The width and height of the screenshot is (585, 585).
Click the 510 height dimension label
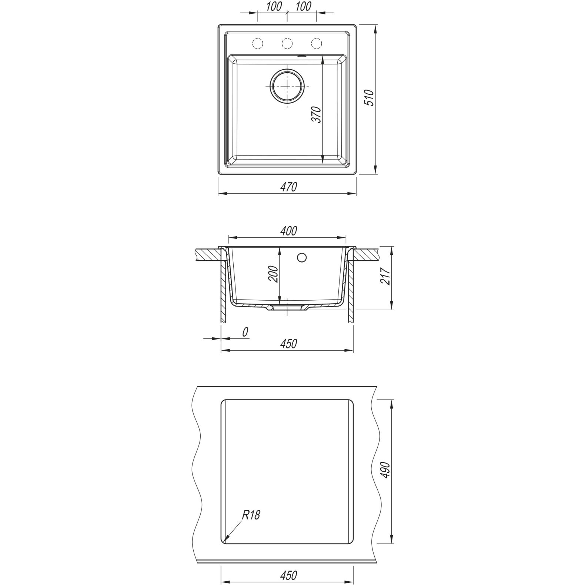tap(371, 98)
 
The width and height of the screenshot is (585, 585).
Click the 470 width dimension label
tap(288, 187)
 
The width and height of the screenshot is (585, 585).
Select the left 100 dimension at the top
tap(274, 6)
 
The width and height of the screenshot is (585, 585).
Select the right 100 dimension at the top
tap(303, 6)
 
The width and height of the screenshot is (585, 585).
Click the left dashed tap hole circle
tap(257, 44)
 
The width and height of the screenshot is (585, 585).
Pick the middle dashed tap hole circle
tap(287, 44)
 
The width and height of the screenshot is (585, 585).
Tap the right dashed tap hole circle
tap(316, 44)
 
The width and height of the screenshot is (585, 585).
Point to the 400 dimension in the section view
tap(288, 231)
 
